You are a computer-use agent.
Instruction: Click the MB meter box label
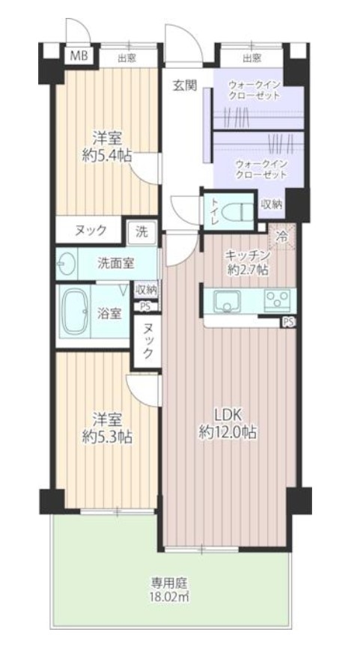(79, 56)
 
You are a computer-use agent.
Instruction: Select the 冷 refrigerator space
(282, 237)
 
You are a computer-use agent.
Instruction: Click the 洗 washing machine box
(141, 232)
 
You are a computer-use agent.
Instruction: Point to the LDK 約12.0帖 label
(227, 423)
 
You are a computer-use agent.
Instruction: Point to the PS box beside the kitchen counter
(289, 322)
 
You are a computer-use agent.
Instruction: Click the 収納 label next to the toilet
(272, 204)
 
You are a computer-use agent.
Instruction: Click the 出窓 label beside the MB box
(127, 58)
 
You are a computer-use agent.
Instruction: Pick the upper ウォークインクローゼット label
(254, 91)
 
